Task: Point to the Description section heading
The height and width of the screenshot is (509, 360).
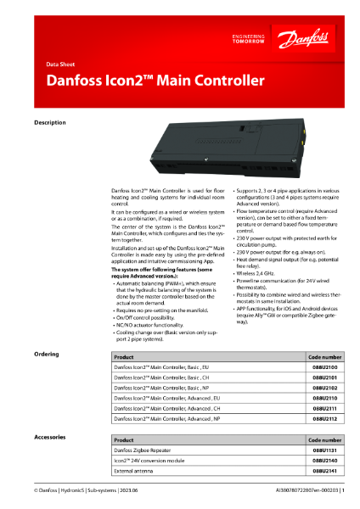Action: click(x=49, y=123)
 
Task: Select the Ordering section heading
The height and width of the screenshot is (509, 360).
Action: click(x=46, y=353)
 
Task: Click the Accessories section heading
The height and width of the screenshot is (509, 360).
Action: click(x=49, y=435)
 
